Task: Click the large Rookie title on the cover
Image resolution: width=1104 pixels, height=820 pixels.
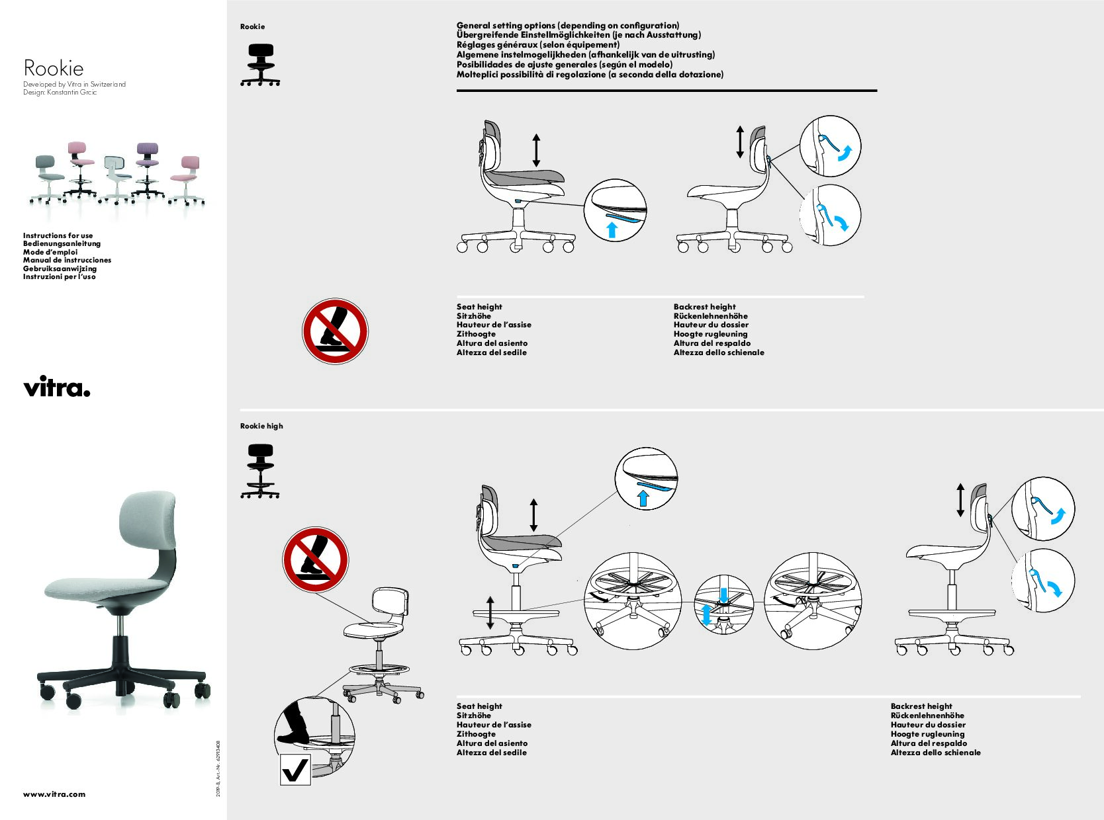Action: click(54, 68)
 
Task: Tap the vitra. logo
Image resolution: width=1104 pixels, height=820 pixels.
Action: click(56, 387)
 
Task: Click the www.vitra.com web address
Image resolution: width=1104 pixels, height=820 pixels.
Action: click(54, 794)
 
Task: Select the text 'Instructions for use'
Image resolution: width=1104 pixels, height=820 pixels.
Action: click(58, 235)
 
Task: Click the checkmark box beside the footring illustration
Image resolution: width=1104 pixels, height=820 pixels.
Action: click(295, 769)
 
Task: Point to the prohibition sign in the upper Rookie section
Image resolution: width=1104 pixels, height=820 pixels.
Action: click(335, 331)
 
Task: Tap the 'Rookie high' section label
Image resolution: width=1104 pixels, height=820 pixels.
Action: click(261, 426)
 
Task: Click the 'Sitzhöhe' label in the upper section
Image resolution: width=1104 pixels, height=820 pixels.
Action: click(474, 316)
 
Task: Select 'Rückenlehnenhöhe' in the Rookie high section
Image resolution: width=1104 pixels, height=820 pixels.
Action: click(927, 716)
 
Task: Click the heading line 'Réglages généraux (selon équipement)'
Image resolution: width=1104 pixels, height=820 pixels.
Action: click(537, 45)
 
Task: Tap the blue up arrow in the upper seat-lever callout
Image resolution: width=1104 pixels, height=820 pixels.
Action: click(612, 229)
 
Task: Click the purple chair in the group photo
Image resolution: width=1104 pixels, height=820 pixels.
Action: click(147, 169)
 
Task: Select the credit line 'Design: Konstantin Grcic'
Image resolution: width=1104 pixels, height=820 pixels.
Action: click(60, 93)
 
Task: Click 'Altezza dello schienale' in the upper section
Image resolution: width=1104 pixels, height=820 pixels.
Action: click(719, 352)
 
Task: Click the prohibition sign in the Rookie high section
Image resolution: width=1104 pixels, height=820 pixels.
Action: click(315, 559)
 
